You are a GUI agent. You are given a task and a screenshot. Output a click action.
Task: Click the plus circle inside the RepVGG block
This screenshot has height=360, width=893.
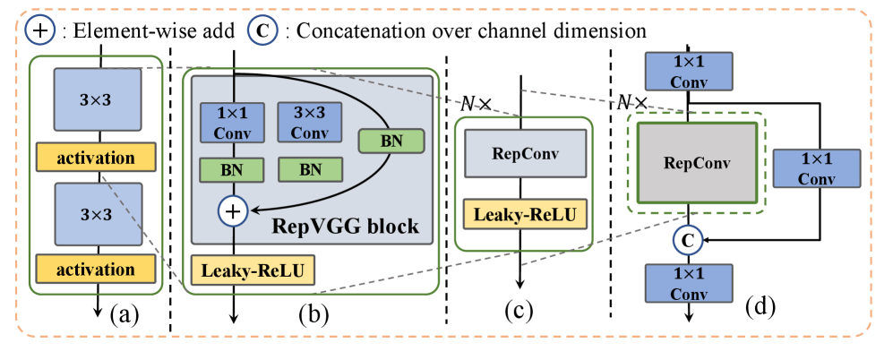(233, 210)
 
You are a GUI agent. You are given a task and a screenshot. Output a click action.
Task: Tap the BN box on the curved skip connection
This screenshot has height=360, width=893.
(390, 140)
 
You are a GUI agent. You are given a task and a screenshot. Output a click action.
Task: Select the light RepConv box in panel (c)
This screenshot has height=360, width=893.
(524, 152)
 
